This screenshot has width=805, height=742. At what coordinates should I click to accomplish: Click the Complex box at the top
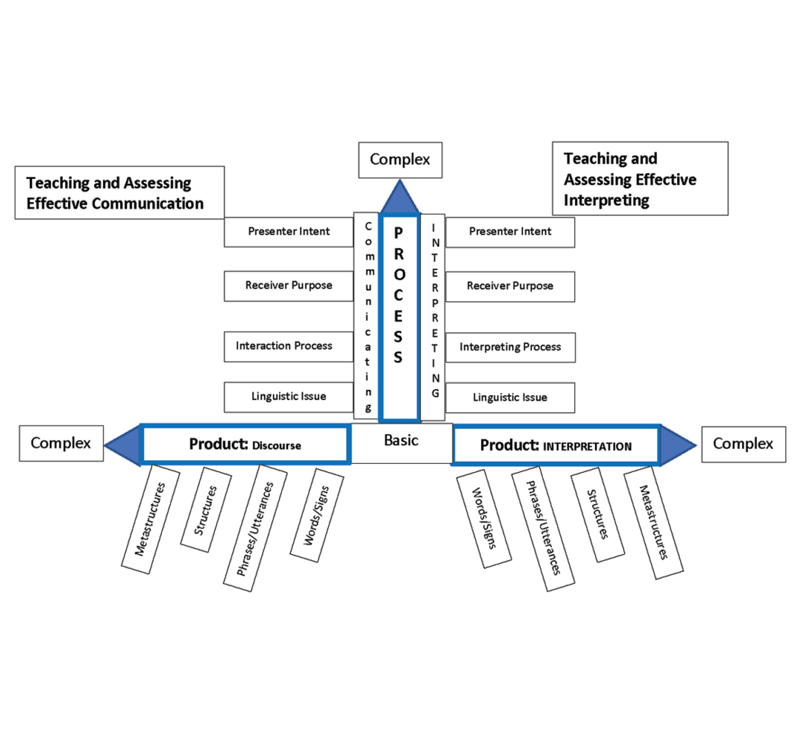tap(400, 160)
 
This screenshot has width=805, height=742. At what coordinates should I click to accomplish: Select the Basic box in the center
tap(401, 442)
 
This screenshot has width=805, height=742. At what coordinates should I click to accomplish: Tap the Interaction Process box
tap(289, 346)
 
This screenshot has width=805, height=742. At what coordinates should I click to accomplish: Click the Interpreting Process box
tap(511, 347)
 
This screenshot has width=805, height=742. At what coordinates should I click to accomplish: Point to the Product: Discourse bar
tap(244, 445)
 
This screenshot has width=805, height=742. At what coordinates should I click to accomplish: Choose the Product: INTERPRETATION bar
tap(555, 445)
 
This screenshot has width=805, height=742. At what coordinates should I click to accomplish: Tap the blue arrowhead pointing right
tap(676, 445)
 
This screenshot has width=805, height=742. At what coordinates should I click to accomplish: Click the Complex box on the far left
tap(61, 443)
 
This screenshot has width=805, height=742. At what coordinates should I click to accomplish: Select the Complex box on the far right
tap(742, 444)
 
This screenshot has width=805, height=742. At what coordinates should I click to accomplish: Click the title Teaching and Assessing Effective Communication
tap(118, 192)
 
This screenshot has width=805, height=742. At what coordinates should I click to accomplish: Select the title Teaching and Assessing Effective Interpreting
tap(640, 179)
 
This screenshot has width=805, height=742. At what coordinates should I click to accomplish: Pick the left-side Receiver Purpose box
tap(289, 286)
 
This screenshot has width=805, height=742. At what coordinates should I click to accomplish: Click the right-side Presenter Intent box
tap(511, 232)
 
